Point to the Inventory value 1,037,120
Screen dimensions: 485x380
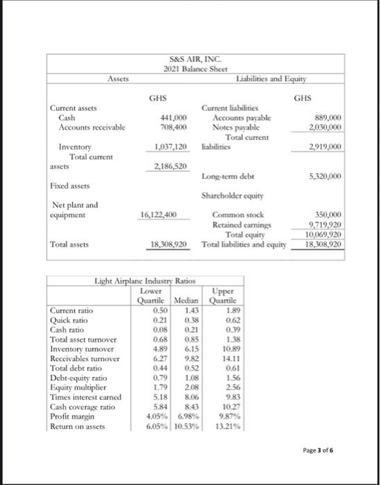click(171, 147)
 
